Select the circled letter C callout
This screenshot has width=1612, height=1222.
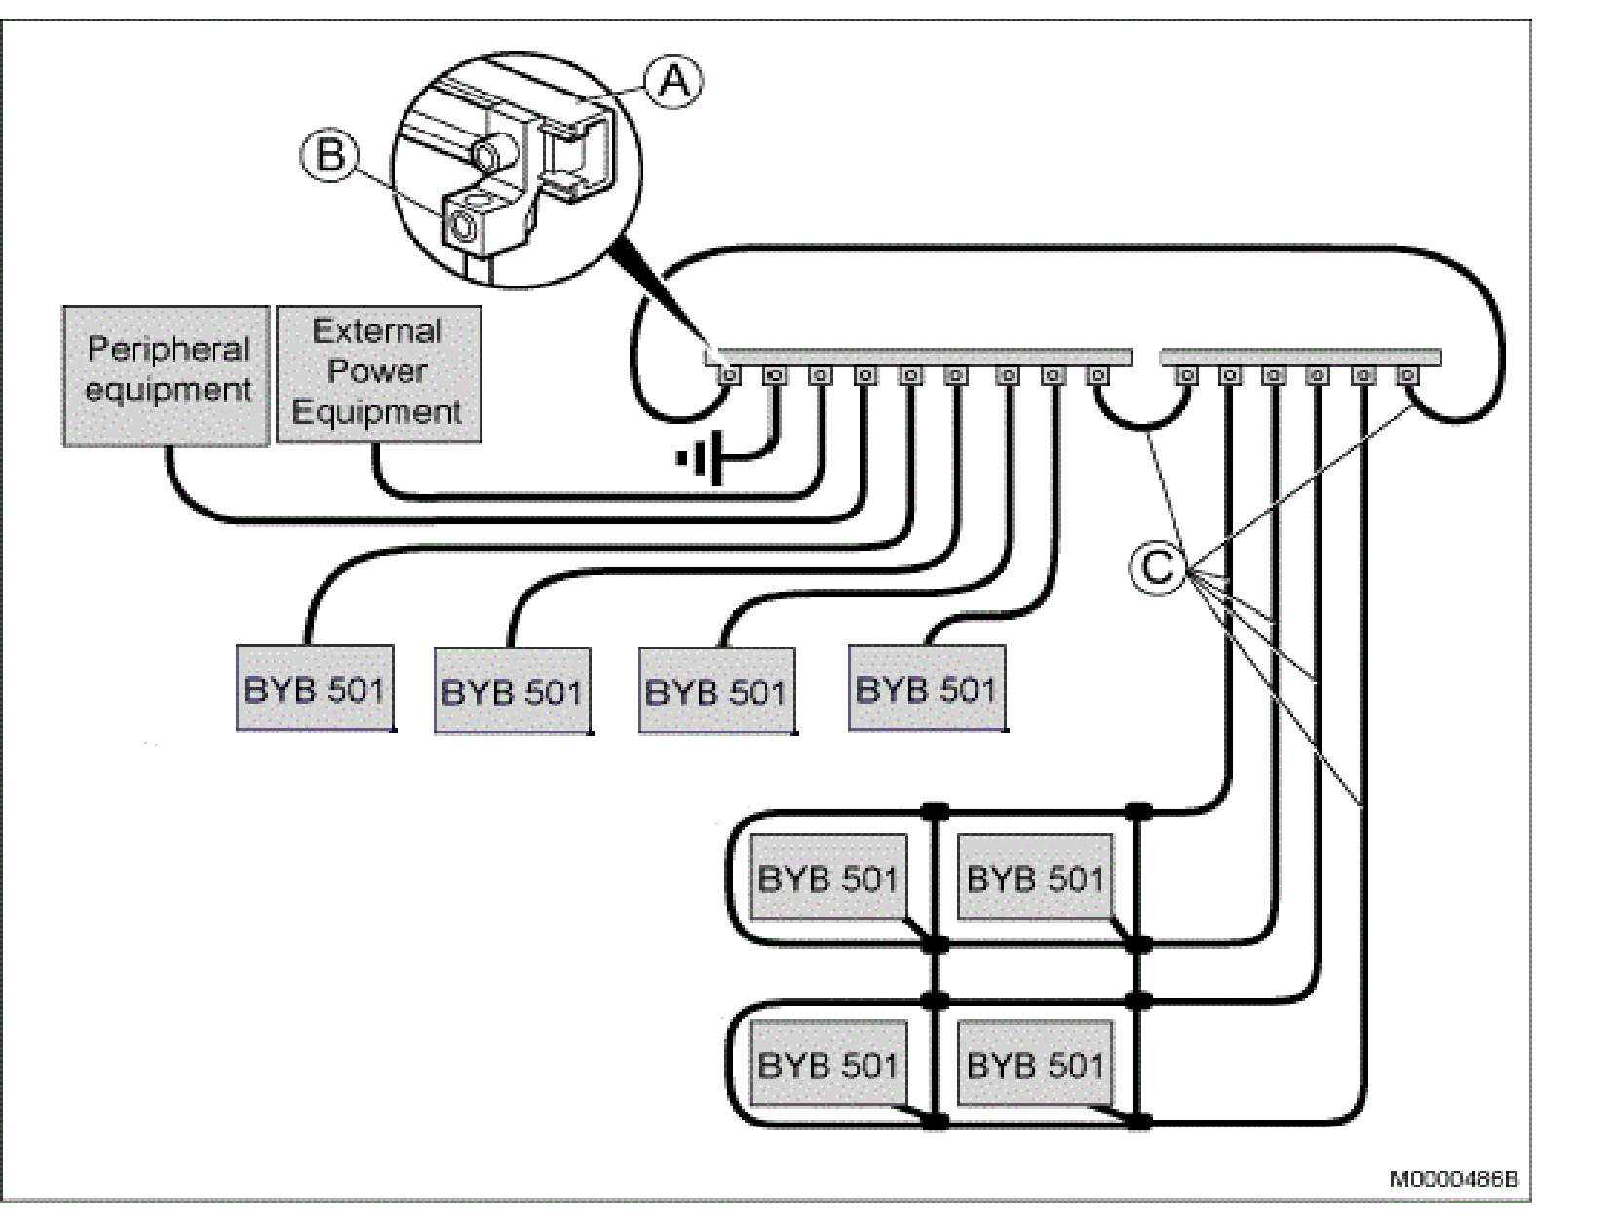(1157, 566)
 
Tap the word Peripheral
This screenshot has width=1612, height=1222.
(169, 349)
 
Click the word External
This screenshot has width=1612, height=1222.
(377, 331)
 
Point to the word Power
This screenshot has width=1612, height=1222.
(377, 371)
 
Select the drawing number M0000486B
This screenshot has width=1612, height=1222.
(1453, 1180)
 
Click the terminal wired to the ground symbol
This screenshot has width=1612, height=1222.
(776, 375)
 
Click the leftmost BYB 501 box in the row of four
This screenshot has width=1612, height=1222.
(315, 688)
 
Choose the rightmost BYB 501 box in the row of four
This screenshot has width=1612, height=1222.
(926, 688)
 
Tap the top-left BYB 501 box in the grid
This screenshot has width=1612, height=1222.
(827, 877)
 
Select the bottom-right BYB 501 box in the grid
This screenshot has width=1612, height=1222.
(1036, 1063)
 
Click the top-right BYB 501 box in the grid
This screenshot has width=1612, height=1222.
(1036, 877)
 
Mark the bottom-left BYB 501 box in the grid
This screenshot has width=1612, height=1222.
(827, 1063)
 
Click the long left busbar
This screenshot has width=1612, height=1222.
(916, 357)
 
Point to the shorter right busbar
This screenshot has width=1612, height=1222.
(1300, 357)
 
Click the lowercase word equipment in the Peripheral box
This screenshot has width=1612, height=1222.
(169, 390)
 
